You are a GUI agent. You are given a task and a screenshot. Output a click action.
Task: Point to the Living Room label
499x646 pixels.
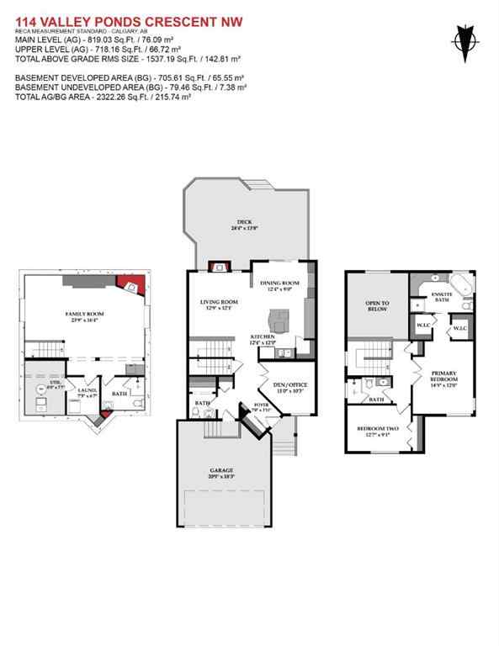(219, 304)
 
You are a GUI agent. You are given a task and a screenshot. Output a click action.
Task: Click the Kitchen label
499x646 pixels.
(263, 340)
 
